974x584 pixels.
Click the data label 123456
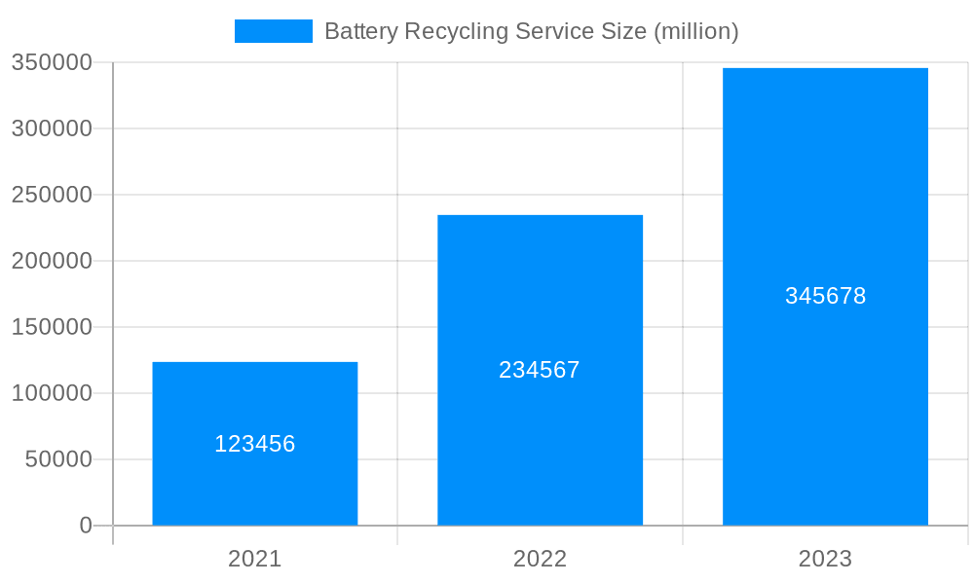click(x=255, y=444)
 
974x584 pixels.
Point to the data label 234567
click(x=540, y=370)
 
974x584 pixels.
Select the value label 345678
click(x=825, y=296)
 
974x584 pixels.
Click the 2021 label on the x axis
click(x=255, y=559)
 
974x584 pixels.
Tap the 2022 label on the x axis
click(x=540, y=559)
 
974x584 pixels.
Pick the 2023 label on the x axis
click(x=825, y=559)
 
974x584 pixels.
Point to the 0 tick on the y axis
click(x=86, y=526)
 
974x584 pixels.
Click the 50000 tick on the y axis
click(x=57, y=459)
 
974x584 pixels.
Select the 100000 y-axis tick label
click(x=52, y=393)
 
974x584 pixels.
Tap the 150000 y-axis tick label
click(x=52, y=327)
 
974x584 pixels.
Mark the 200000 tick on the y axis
click(x=52, y=261)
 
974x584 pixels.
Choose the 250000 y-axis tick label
click(x=52, y=195)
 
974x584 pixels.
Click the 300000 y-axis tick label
click(x=52, y=128)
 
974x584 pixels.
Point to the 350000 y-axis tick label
click(x=52, y=62)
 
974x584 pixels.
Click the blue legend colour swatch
click(x=274, y=31)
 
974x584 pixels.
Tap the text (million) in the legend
click(x=695, y=31)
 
